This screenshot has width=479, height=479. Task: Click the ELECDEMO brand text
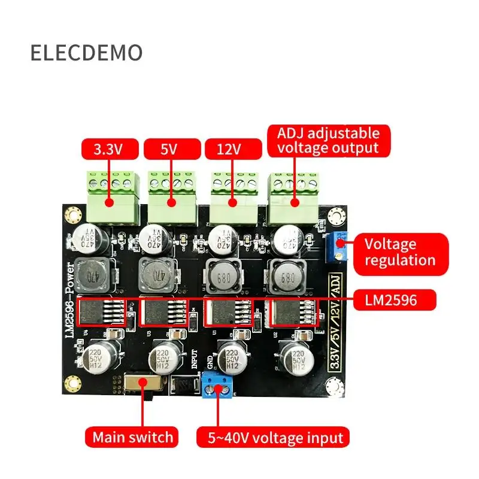(x=87, y=53)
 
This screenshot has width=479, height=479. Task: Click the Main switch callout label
(x=132, y=436)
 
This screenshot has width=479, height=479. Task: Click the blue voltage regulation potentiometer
(x=338, y=247)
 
